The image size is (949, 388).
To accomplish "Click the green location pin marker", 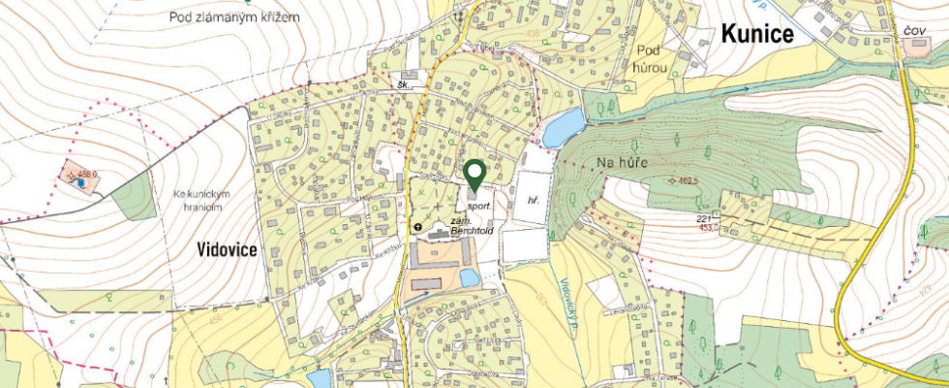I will point(474,176).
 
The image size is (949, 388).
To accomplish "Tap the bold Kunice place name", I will point(756,34).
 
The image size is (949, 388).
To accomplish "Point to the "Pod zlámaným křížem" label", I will point(233,16).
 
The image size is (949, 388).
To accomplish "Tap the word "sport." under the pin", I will point(479,207).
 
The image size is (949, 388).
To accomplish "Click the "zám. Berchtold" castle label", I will point(472,228).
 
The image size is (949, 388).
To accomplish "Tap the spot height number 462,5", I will point(687,180).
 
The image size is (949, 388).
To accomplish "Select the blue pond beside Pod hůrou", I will point(564,126).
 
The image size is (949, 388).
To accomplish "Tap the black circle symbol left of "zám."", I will point(418,228).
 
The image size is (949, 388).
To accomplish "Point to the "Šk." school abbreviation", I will point(404,84).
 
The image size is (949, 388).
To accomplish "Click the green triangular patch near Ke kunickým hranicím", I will point(133,201).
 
